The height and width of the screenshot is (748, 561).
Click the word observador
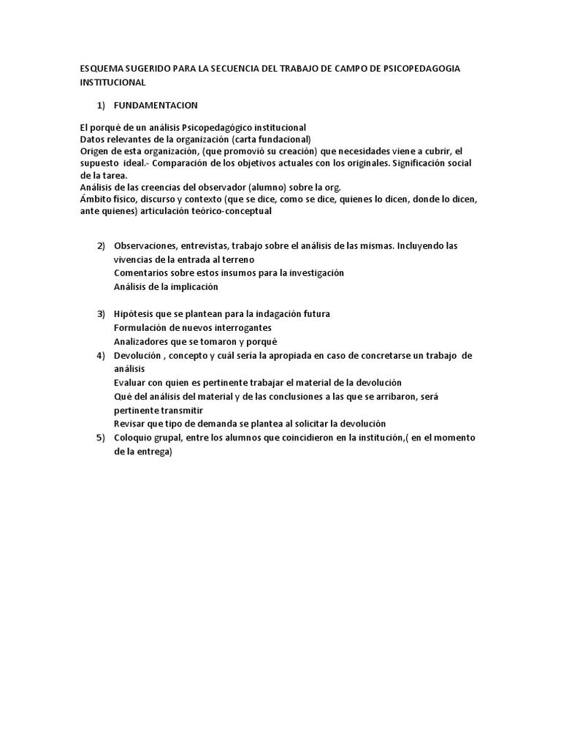click(x=210, y=187)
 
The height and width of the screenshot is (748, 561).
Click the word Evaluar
click(x=131, y=383)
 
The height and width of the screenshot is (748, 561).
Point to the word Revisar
click(x=131, y=424)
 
